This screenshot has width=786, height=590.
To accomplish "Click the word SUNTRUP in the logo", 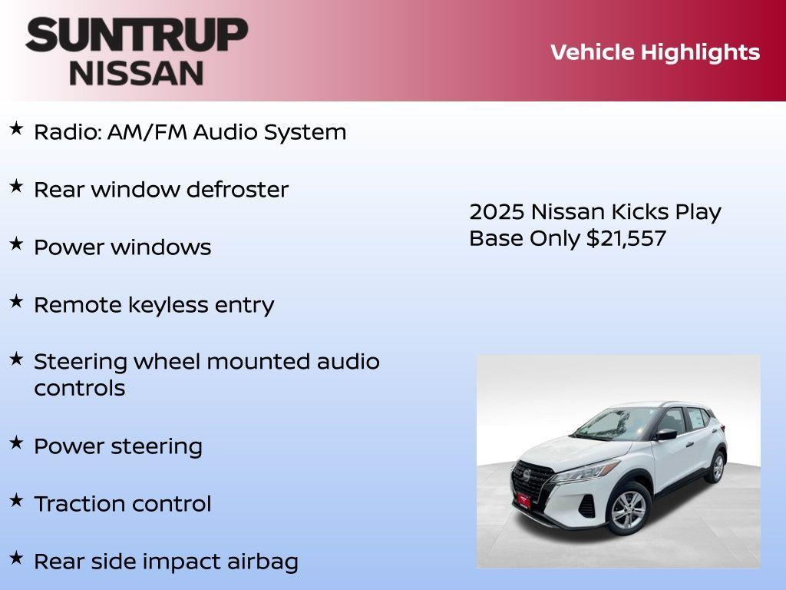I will (137, 35).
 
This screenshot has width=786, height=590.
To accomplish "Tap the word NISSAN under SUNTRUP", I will (137, 72).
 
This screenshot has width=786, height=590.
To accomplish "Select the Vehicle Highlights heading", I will (655, 52).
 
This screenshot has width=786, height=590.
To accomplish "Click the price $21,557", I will (626, 238).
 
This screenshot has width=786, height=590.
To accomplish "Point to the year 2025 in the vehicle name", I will (497, 211).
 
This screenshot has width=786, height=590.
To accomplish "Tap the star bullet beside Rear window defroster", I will (16, 186).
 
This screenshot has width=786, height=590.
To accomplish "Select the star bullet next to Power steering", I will (16, 442).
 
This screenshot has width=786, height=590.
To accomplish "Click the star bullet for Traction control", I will (16, 500).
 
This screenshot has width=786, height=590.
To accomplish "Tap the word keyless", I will (168, 305).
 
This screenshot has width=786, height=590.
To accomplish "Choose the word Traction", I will (75, 504).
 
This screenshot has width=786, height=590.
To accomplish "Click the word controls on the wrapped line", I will (79, 388).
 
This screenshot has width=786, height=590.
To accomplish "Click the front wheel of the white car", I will (629, 509).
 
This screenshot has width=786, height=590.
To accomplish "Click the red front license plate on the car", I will (523, 500).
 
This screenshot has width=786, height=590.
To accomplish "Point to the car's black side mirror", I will (665, 434).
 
